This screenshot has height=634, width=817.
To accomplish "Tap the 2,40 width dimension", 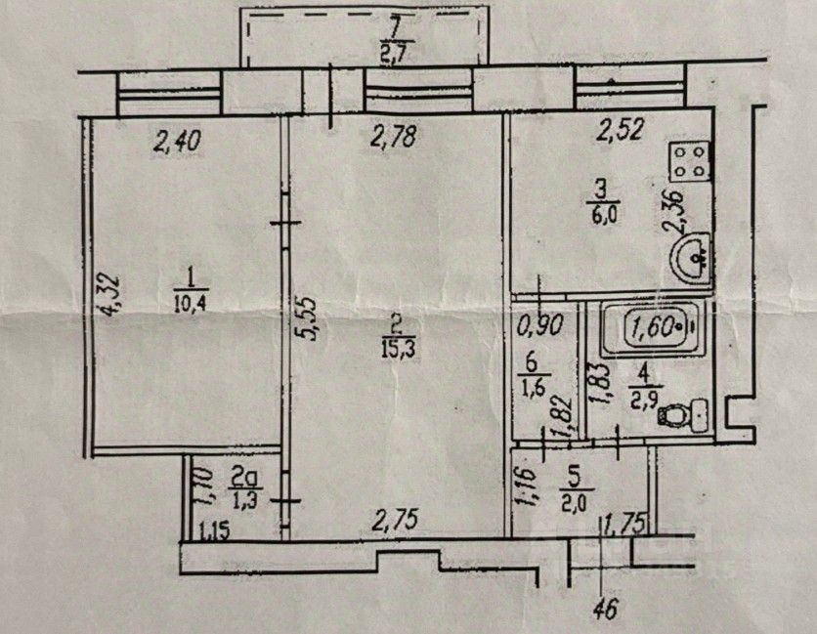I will click(x=178, y=143).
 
